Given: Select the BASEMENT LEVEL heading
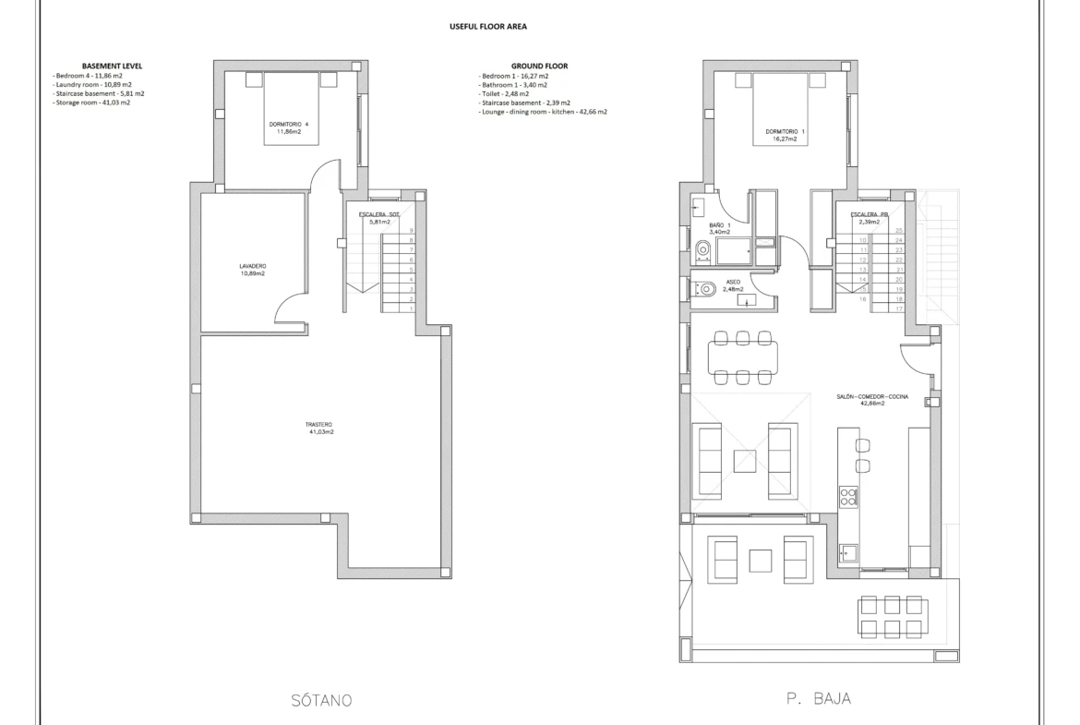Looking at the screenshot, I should click(112, 66).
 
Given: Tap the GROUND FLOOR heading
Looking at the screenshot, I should click(539, 66).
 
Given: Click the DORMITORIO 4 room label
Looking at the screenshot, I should click(289, 127).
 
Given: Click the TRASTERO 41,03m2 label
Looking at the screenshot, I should click(319, 428).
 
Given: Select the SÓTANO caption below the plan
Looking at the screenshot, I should click(319, 700).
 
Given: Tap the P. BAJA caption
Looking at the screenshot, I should click(819, 700).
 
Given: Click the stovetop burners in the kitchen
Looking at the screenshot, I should click(847, 497).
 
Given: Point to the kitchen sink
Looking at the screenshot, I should click(847, 552).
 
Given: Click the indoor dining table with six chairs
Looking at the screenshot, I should click(744, 356).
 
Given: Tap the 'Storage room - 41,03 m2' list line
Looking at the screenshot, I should click(91, 103).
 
